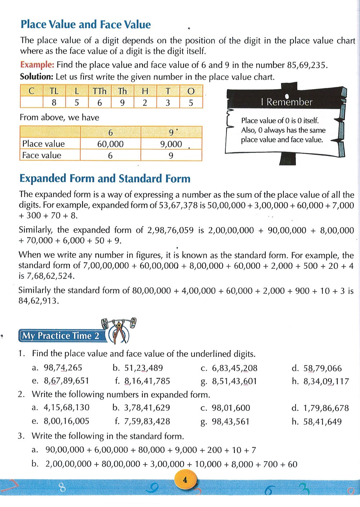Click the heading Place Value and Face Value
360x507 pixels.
(86, 25)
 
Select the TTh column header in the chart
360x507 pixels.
(99, 91)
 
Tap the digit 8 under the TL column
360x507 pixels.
(54, 103)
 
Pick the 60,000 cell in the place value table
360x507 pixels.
(110, 144)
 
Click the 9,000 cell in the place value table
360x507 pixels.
(171, 144)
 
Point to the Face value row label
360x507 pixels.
(42, 155)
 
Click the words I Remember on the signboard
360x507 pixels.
(287, 102)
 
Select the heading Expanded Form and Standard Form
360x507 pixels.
(105, 178)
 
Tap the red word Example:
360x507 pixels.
(37, 65)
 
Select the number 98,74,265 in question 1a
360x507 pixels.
(63, 368)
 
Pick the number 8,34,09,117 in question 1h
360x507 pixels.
(326, 381)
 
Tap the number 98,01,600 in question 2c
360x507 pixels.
(231, 408)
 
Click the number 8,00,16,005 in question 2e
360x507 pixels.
(66, 421)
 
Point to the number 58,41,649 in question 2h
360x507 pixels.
(322, 422)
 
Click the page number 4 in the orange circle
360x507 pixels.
(185, 480)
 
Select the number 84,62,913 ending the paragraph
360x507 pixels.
(38, 301)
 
